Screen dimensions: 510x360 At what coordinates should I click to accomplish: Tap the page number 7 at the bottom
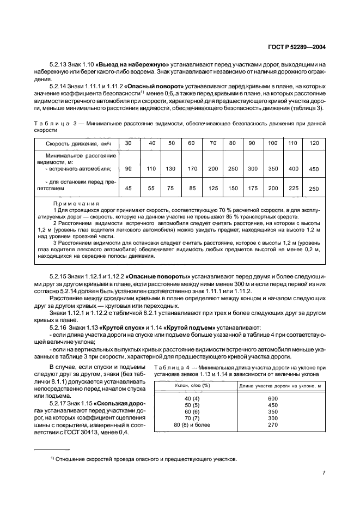click(324, 472)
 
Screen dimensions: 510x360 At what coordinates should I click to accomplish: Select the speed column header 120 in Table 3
click(313, 143)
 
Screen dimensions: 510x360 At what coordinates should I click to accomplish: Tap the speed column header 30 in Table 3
click(128, 143)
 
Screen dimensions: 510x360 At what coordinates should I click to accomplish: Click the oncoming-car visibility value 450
click(313, 169)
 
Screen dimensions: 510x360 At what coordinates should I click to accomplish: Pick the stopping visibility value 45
click(128, 189)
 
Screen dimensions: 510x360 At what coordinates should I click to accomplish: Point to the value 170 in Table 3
click(192, 169)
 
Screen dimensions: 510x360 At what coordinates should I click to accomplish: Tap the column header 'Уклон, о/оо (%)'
click(194, 386)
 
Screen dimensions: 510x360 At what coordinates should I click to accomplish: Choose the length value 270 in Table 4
click(273, 424)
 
